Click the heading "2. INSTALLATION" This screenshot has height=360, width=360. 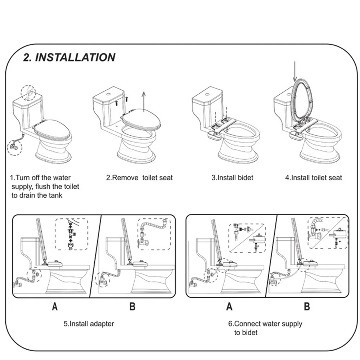[x=69, y=57]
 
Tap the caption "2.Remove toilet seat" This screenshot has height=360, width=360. [x=139, y=177]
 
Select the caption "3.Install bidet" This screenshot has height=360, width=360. [x=232, y=177]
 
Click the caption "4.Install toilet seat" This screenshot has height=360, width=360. [x=314, y=177]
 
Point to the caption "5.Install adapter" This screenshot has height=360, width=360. [x=89, y=324]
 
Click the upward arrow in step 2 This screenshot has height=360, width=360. [x=144, y=101]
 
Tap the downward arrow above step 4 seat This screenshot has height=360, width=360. [x=295, y=71]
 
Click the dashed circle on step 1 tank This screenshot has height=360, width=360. [x=28, y=93]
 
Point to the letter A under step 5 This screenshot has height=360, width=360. [x=55, y=307]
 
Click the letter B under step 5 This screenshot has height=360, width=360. [x=132, y=307]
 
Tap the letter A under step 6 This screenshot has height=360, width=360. [x=229, y=307]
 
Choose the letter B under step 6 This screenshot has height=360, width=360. [x=307, y=307]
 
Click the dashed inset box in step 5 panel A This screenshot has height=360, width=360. [x=71, y=234]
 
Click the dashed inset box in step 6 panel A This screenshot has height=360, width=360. [x=247, y=238]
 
